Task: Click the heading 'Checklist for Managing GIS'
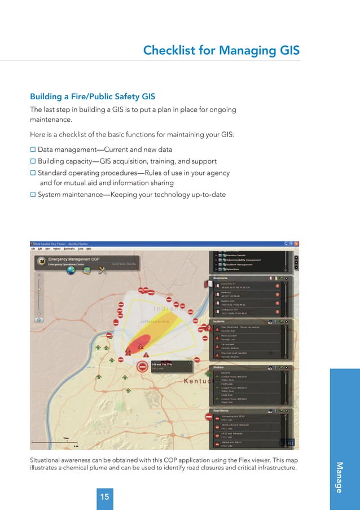point(221,51)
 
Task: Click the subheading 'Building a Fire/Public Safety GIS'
point(93,96)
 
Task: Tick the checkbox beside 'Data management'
point(33,150)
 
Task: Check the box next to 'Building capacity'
point(33,161)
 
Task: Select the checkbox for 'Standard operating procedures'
point(33,173)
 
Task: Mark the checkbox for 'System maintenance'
point(33,195)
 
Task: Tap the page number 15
point(104,497)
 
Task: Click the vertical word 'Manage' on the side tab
point(339,477)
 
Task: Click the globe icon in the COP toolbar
point(71,270)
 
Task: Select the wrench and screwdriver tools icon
point(103,270)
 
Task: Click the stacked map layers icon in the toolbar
point(87,270)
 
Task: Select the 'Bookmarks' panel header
point(221,278)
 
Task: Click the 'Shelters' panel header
point(219,367)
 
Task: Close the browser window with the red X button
point(297,243)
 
